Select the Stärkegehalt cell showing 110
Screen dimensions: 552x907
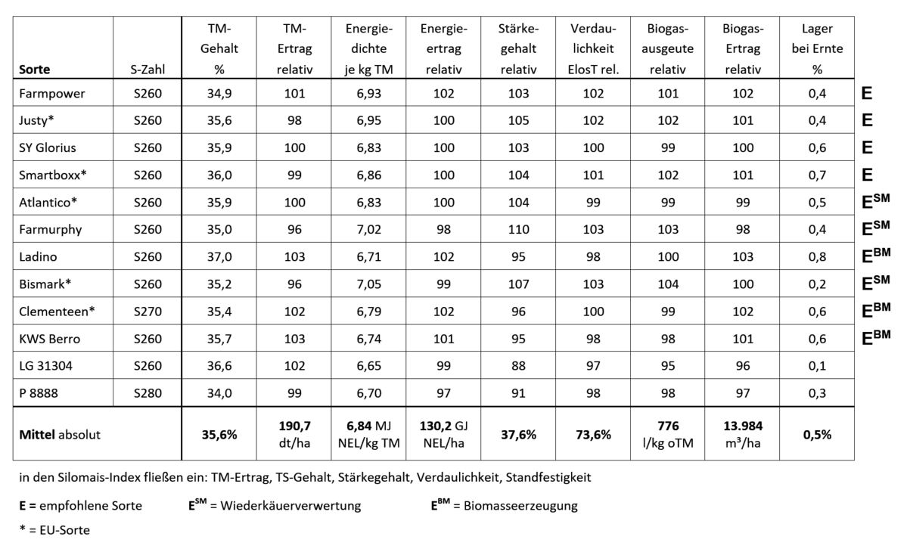pyautogui.click(x=518, y=230)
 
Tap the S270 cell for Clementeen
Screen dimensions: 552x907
pyautogui.click(x=147, y=312)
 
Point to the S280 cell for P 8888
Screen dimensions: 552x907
pyautogui.click(x=147, y=393)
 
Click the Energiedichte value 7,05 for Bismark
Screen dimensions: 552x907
pyautogui.click(x=368, y=284)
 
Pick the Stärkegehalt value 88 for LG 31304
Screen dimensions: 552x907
pyautogui.click(x=518, y=366)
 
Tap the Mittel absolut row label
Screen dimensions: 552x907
pyautogui.click(x=60, y=435)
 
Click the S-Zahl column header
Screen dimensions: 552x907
pyautogui.click(x=147, y=70)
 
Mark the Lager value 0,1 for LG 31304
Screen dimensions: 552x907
pyautogui.click(x=816, y=366)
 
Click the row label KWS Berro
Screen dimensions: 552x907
pyautogui.click(x=50, y=339)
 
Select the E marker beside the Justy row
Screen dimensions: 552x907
pyautogui.click(x=867, y=121)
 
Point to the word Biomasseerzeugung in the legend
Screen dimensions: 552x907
pyautogui.click(x=516, y=506)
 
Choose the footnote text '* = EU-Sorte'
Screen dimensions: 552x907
pyautogui.click(x=54, y=530)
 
